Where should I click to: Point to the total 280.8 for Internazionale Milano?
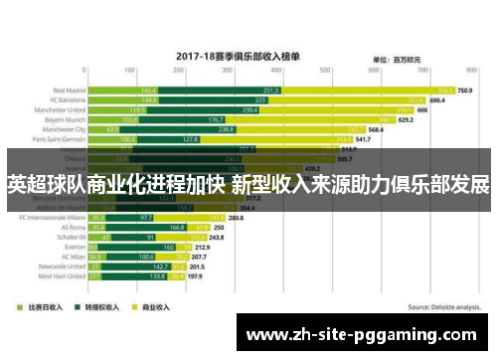[236, 217]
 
